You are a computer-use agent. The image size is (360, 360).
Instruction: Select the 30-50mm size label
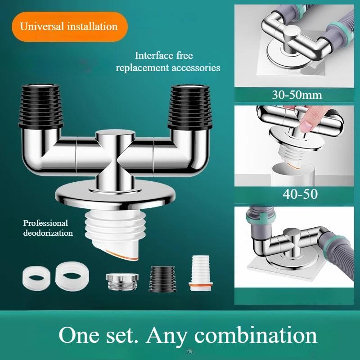pyautogui.click(x=297, y=95)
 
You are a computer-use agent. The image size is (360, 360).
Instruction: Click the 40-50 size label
pyautogui.click(x=297, y=194)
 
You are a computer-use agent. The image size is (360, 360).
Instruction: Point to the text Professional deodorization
pyautogui.click(x=48, y=228)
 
